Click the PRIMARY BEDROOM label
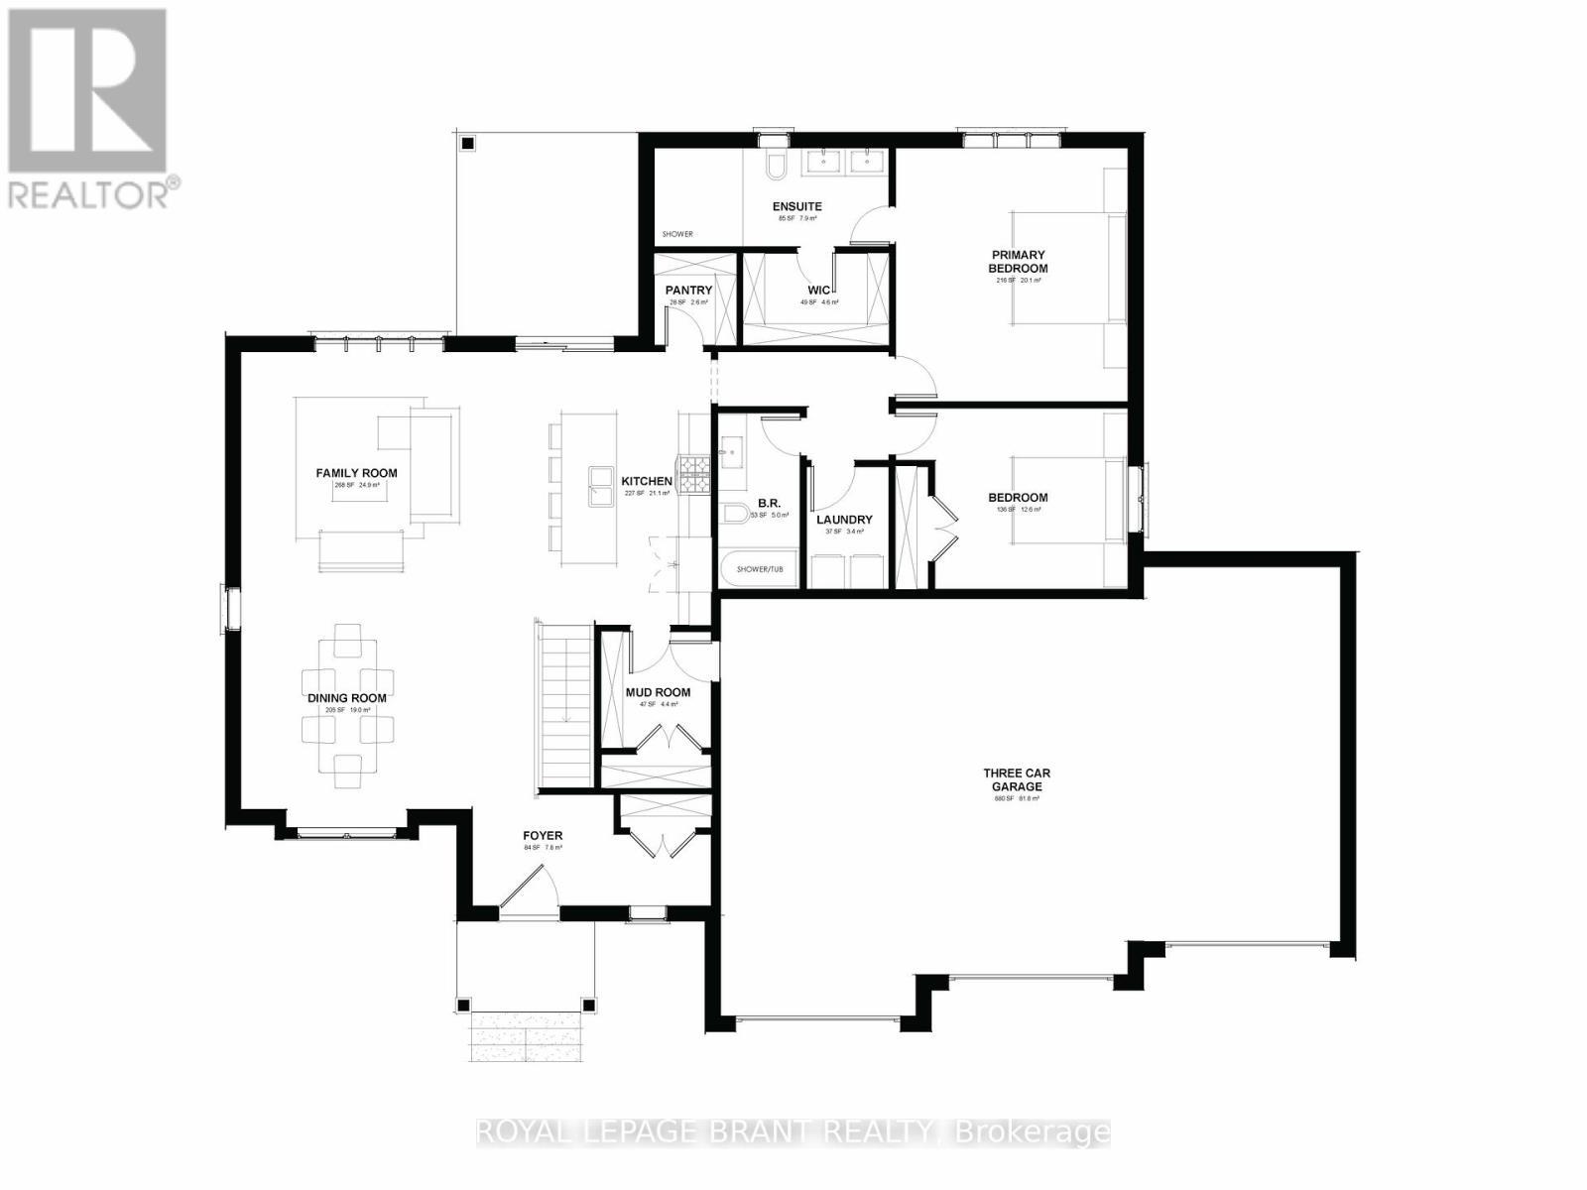click(1019, 262)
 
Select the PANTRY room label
click(688, 291)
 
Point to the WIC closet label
click(818, 291)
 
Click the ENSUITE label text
click(797, 206)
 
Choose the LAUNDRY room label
click(844, 520)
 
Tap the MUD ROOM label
click(658, 692)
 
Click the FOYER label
click(543, 836)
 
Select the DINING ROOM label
click(346, 698)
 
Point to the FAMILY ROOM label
click(356, 473)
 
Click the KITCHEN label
click(647, 481)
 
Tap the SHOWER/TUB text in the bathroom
click(758, 569)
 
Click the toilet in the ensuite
click(776, 167)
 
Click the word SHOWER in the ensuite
click(678, 235)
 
